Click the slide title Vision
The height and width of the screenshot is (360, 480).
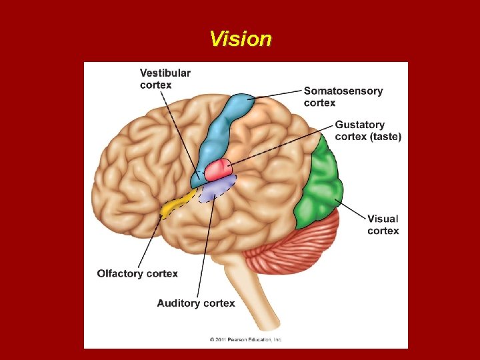(240, 39)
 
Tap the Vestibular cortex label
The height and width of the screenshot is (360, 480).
(165, 79)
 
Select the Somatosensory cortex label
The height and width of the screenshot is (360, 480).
(343, 97)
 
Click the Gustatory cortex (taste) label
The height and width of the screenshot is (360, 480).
(367, 130)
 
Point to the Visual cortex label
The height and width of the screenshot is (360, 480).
(383, 225)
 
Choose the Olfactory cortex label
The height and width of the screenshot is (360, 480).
(137, 273)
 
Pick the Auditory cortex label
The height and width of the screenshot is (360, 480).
(196, 303)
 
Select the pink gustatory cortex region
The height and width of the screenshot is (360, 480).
(218, 170)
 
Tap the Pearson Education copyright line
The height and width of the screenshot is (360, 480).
(245, 339)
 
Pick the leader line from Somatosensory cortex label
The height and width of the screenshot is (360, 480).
(277, 95)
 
